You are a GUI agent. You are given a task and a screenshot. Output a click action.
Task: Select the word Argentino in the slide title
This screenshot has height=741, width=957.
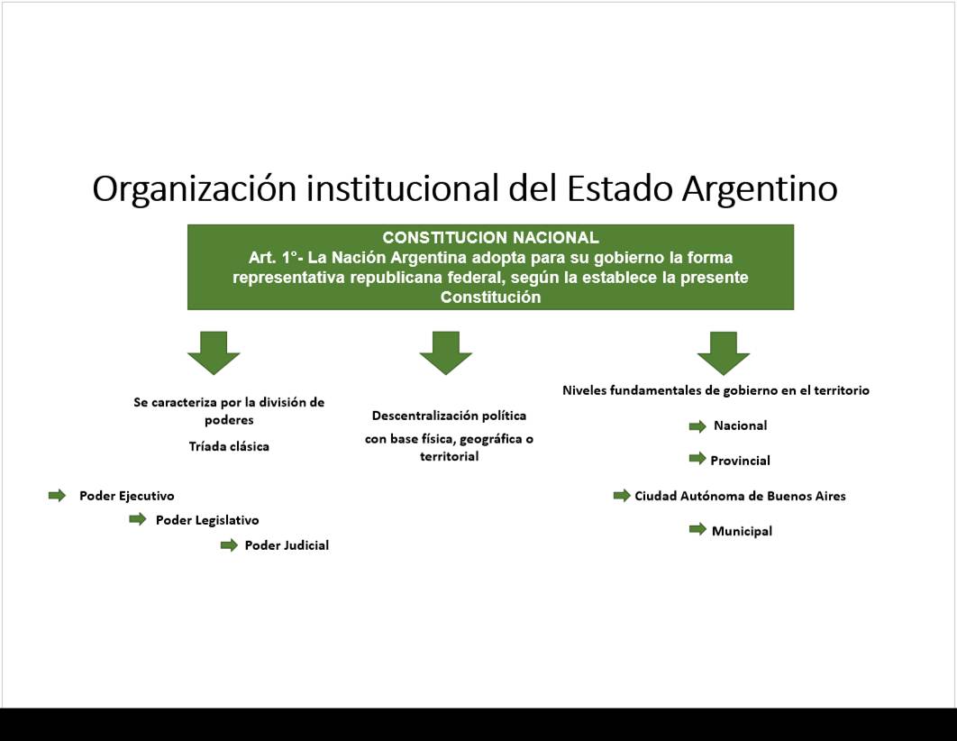[760, 188]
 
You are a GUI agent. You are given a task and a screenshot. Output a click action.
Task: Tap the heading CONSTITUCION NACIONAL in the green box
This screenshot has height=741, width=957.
[491, 237]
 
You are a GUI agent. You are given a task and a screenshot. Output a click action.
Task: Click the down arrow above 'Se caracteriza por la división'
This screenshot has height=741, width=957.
[214, 352]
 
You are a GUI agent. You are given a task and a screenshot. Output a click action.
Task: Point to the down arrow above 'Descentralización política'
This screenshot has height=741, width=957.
[445, 352]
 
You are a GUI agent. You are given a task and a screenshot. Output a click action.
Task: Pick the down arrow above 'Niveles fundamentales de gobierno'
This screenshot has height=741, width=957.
[724, 352]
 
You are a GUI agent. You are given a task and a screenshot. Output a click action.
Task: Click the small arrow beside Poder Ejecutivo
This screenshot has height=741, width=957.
[58, 496]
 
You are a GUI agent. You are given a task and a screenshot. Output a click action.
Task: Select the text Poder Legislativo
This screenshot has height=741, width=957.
[207, 520]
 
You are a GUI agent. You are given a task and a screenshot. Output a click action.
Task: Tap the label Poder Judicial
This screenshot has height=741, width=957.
[287, 545]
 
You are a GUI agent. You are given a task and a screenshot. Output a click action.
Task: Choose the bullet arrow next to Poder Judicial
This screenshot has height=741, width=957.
[230, 545]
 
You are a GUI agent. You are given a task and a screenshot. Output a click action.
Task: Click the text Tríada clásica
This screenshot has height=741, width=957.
[229, 446]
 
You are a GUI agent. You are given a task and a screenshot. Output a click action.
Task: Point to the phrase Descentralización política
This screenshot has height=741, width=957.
[449, 416]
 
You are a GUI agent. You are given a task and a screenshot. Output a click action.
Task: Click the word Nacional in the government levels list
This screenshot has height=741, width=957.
[741, 425]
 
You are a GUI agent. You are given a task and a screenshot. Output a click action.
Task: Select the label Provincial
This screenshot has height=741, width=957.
[741, 461]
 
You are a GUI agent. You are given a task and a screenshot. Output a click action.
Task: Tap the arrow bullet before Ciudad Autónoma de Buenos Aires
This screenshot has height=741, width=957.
[622, 496]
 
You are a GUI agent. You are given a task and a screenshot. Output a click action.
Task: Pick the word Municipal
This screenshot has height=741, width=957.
[743, 531]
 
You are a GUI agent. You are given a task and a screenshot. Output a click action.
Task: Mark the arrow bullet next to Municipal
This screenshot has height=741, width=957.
[697, 530]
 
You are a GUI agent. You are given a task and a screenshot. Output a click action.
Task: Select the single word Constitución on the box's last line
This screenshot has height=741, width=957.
[491, 297]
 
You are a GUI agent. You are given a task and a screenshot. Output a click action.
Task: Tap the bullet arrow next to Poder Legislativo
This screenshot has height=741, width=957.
[138, 519]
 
